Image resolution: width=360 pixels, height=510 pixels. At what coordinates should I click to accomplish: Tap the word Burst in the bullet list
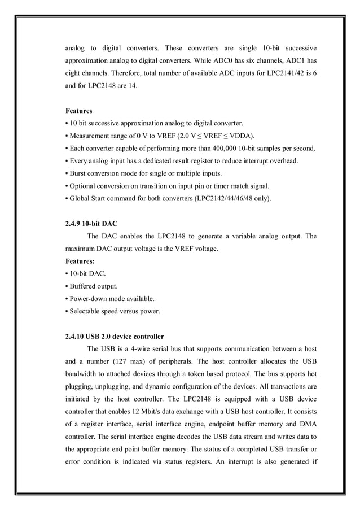(x=80, y=173)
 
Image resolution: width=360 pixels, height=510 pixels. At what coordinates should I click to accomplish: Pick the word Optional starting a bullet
(x=85, y=186)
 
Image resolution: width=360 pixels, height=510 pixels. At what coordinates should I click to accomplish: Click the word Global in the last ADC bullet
(x=81, y=198)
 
